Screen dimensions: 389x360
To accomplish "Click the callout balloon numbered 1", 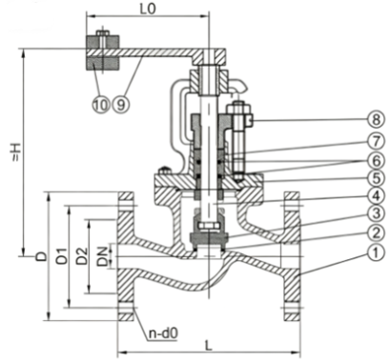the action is [376, 253].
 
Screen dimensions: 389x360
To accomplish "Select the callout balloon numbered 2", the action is [376, 233].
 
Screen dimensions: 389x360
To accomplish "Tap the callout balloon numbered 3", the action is [376, 213].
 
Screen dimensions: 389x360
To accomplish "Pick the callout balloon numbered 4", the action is [376, 196].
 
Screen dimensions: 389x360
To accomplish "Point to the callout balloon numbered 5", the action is [376, 179].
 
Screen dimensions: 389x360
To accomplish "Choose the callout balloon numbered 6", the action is [376, 161].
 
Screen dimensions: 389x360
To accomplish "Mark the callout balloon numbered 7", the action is [376, 141].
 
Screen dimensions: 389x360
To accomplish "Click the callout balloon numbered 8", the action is [376, 120].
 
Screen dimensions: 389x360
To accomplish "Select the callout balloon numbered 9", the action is [121, 105].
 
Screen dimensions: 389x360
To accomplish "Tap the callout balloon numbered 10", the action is [101, 105].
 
